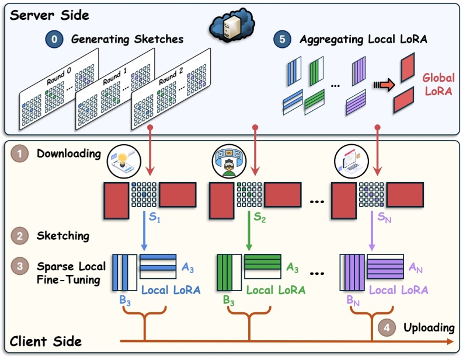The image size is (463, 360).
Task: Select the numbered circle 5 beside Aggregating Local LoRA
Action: (283, 40)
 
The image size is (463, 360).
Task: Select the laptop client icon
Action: (351, 160)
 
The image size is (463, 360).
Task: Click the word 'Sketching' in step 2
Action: (62, 236)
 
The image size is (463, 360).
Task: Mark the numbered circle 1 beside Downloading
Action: (21, 155)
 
